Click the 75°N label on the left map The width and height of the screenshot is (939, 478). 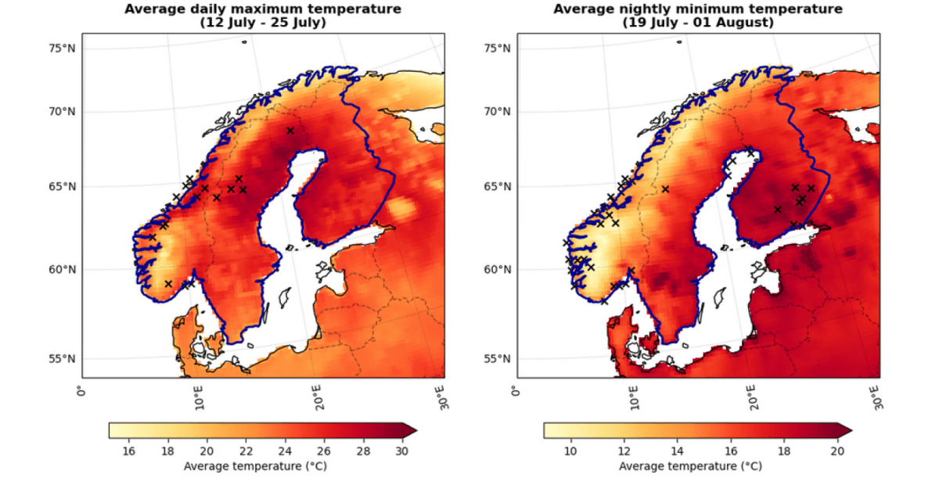62,49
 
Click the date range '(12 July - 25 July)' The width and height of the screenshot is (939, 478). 264,23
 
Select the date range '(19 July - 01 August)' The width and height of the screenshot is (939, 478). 698,23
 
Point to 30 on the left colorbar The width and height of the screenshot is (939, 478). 402,451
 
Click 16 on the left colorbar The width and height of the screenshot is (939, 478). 129,451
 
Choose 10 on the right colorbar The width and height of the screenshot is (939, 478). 570,451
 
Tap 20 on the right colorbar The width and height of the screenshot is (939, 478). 836,451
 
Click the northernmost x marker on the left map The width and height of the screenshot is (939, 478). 290,131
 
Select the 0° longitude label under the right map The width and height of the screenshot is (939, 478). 516,390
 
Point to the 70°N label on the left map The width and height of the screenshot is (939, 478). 62,112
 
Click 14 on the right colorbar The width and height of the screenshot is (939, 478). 677,451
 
